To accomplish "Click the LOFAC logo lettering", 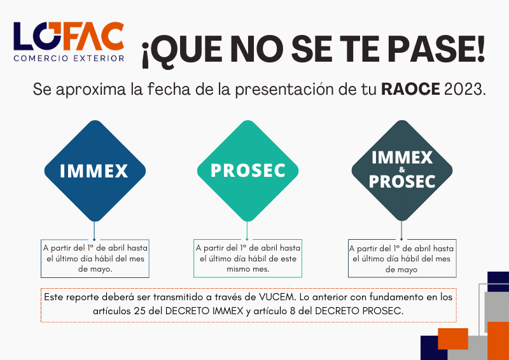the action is (69, 36).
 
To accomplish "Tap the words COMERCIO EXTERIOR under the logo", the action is (69, 59).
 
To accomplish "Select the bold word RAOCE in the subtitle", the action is (410, 89).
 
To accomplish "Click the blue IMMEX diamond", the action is (95, 170).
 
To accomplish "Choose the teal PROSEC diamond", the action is (248, 170).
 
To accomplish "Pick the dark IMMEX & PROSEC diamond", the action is (402, 170).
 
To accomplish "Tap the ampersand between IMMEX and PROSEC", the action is (402, 170).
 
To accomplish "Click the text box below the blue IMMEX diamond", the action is (95, 258).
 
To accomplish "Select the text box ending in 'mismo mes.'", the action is (248, 258).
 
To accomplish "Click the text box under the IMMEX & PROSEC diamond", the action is (402, 258).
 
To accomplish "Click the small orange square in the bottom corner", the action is (453, 338).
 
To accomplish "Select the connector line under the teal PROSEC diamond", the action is (247, 230).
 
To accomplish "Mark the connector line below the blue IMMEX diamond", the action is (94, 230).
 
